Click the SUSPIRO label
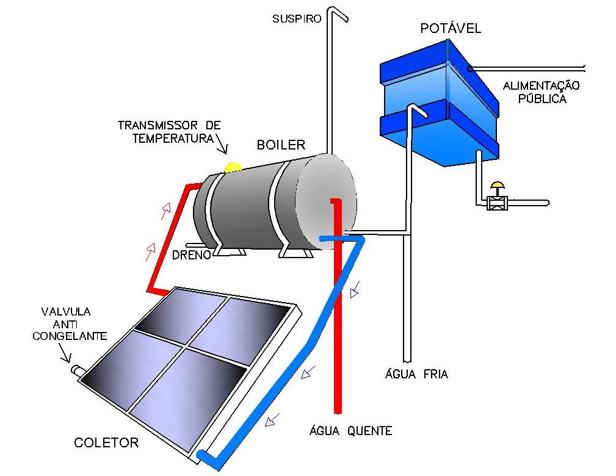click(296, 19)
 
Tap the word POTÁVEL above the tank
click(451, 28)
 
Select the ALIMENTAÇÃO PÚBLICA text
click(540, 92)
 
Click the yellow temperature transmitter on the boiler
click(233, 166)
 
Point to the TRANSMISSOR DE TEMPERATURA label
click(169, 132)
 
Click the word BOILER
click(281, 145)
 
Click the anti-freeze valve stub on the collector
click(78, 370)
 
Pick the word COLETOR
click(106, 442)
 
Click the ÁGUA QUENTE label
click(349, 431)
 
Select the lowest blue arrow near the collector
click(272, 419)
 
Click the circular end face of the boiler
click(325, 201)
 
